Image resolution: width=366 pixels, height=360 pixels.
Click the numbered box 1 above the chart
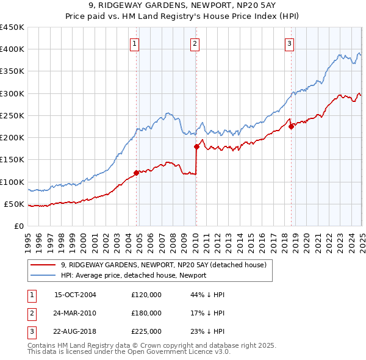coord(134,43)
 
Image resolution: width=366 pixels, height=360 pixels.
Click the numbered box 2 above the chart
coord(194,43)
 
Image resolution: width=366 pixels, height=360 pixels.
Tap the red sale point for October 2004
coord(137,173)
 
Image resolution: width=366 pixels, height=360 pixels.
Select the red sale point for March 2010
coord(196,146)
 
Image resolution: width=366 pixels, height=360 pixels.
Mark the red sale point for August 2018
coord(291,126)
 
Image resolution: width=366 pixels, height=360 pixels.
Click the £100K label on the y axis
coord(12,182)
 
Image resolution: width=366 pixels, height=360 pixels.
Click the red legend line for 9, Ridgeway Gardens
coord(43,265)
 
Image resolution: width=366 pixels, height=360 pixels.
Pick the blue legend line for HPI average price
coord(43,275)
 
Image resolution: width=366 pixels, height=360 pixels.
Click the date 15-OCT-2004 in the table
coord(75,295)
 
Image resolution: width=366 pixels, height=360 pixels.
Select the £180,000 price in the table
coord(146,314)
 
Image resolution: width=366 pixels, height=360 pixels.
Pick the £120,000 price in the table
coord(146,295)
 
